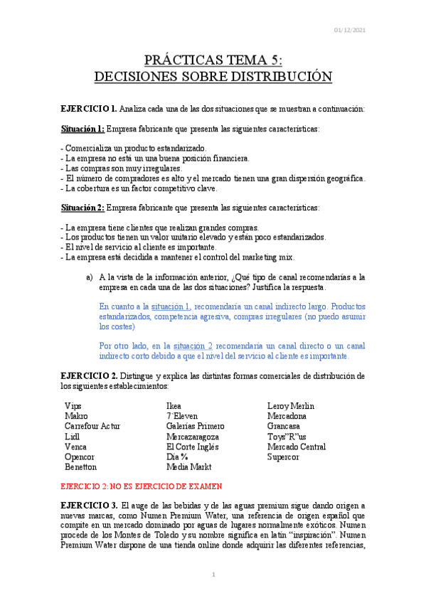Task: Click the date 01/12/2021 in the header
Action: pyautogui.click(x=350, y=29)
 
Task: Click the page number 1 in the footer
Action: pyautogui.click(x=213, y=574)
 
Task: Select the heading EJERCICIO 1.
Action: pyautogui.click(x=89, y=109)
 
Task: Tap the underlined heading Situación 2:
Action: pyautogui.click(x=82, y=208)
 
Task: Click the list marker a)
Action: pyautogui.click(x=89, y=277)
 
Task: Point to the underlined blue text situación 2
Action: pyautogui.click(x=188, y=346)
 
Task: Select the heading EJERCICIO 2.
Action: pyautogui.click(x=89, y=375)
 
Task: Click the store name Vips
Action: pyautogui.click(x=73, y=405)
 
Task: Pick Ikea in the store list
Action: pyautogui.click(x=174, y=405)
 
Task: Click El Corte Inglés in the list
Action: pyautogui.click(x=192, y=447)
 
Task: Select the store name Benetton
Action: pyautogui.click(x=80, y=467)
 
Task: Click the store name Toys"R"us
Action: pyautogui.click(x=287, y=437)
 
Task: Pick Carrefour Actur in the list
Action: pyautogui.click(x=92, y=426)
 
